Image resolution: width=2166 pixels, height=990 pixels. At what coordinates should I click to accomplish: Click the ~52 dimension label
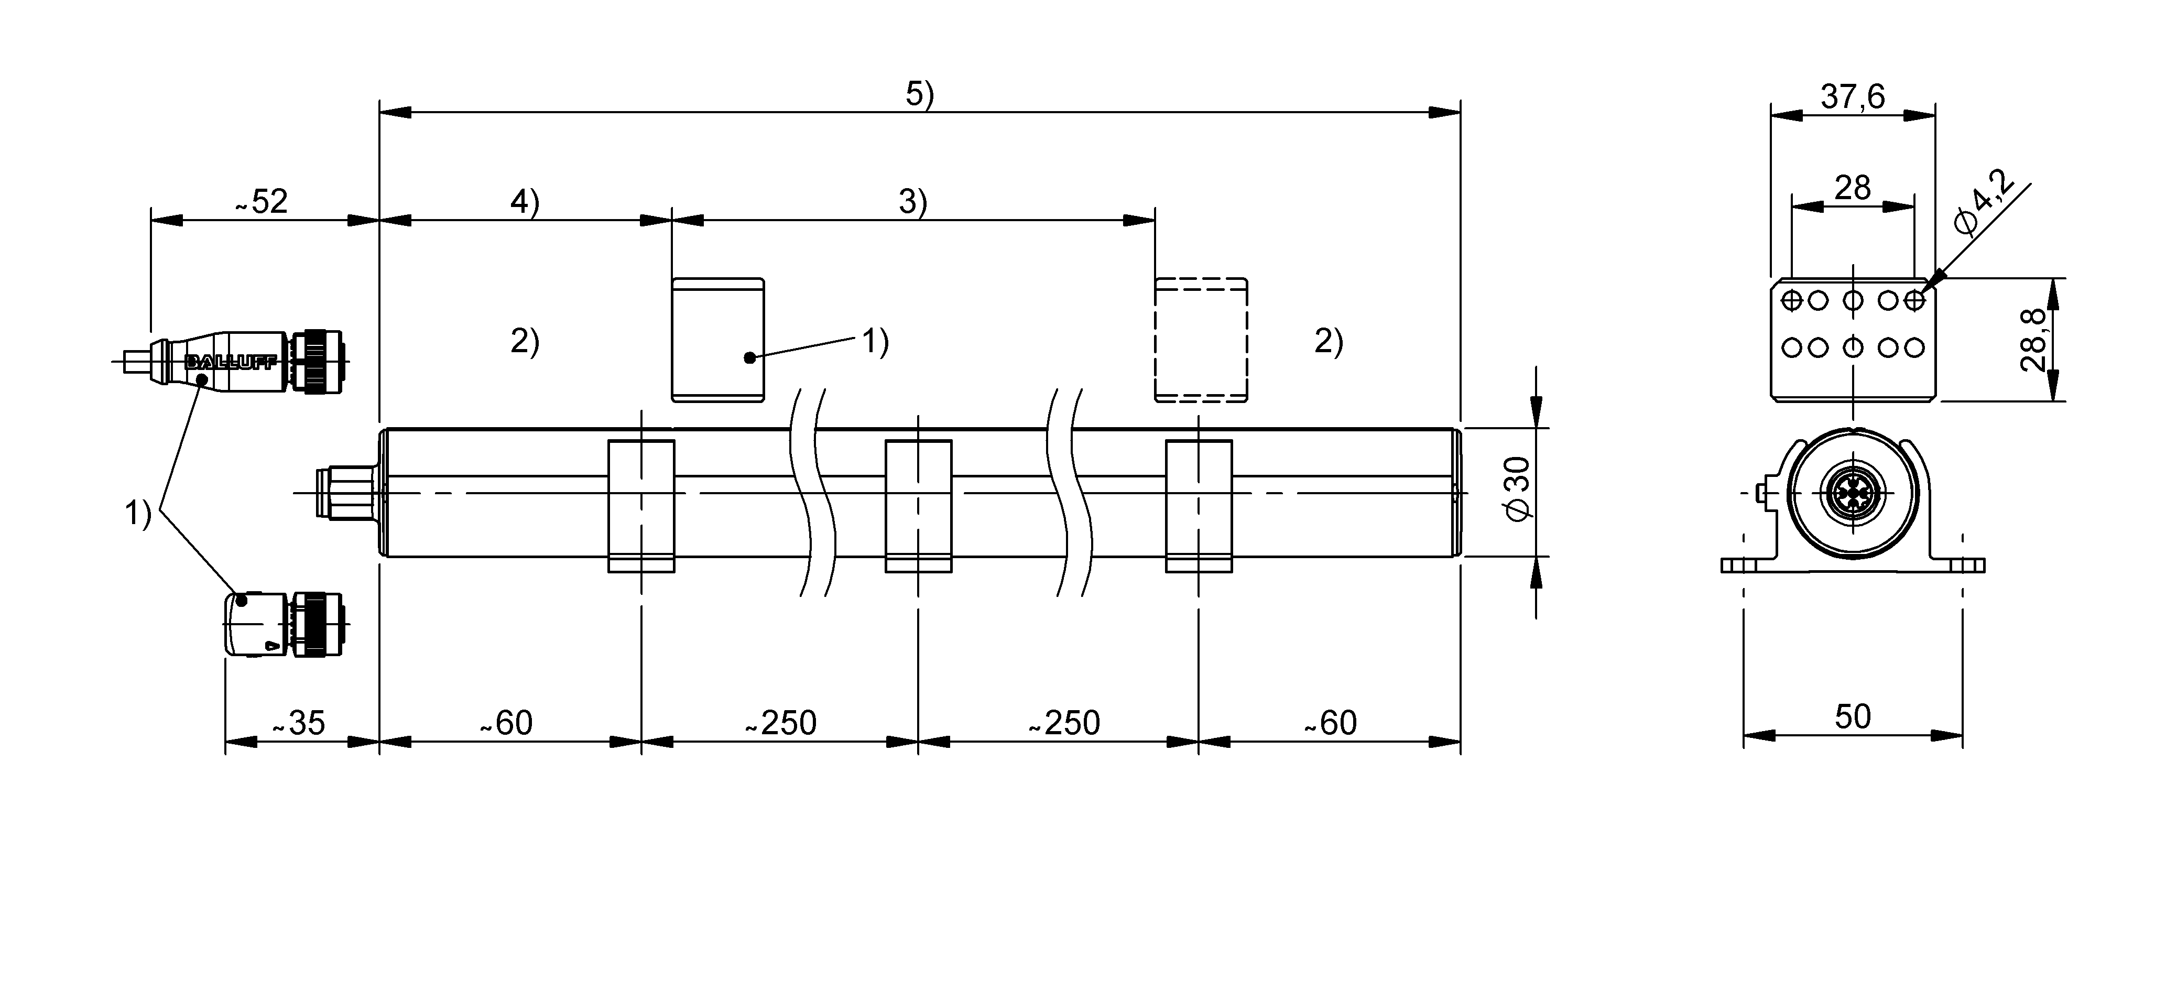[262, 202]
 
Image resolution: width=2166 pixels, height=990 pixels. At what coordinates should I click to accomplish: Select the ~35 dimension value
[299, 723]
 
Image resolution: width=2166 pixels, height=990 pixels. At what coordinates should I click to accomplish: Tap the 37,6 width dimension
[1853, 97]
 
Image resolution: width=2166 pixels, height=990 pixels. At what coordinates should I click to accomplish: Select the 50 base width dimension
[1853, 716]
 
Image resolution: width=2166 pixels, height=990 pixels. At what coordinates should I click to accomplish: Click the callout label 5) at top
[920, 94]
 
